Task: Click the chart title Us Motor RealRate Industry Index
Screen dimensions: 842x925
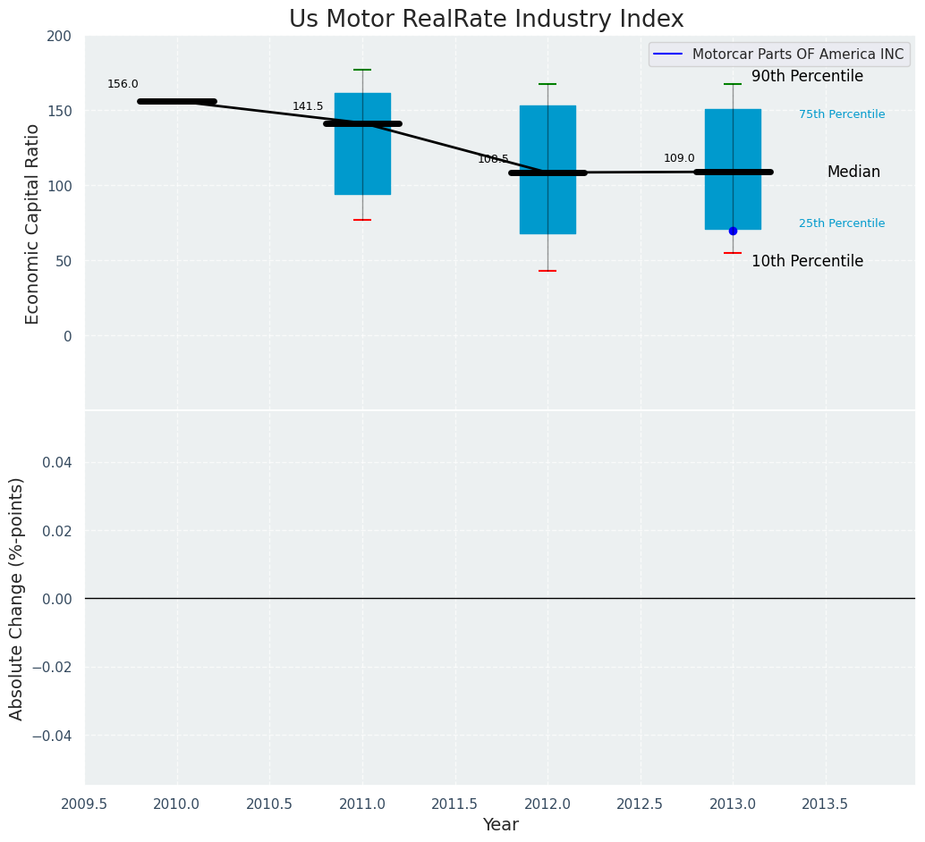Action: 486,20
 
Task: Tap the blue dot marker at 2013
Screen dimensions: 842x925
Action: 733,231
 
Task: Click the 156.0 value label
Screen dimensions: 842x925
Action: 123,85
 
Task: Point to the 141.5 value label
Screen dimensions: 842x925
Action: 308,107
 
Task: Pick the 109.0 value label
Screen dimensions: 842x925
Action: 679,159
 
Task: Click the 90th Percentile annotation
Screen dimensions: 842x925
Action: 807,77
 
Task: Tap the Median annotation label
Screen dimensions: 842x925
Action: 853,173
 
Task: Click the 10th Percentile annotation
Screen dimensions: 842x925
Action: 807,262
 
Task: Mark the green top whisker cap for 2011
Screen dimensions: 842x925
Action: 362,70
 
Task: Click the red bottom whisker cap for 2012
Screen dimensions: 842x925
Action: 547,271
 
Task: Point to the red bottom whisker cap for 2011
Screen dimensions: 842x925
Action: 362,220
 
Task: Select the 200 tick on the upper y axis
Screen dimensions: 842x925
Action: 59,37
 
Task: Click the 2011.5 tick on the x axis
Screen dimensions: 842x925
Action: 455,804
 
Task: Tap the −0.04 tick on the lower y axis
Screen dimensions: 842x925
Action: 52,736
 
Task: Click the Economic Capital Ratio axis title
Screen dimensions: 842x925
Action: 33,223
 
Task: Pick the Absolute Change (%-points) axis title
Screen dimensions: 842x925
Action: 17,598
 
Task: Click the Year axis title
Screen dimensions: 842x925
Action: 500,825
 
